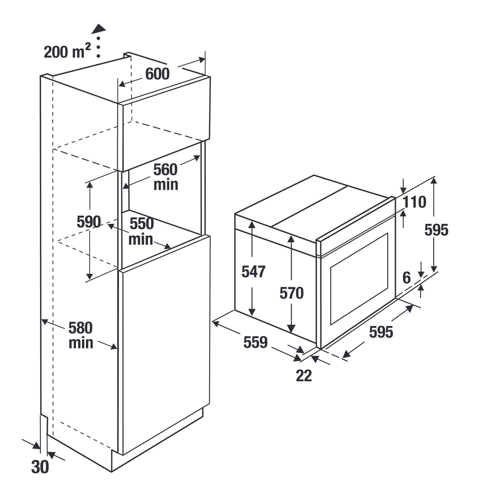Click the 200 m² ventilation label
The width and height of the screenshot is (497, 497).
click(x=67, y=52)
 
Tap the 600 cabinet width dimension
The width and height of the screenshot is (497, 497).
click(x=157, y=74)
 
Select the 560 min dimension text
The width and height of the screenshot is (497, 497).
click(x=166, y=177)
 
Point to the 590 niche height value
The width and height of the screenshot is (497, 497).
click(x=89, y=222)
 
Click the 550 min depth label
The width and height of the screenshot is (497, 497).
click(x=141, y=231)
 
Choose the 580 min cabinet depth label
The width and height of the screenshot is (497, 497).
click(x=80, y=335)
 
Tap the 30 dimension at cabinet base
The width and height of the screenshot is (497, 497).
click(x=40, y=467)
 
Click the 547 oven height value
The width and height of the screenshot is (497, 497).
click(x=253, y=271)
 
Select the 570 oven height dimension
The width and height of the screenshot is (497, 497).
click(x=291, y=293)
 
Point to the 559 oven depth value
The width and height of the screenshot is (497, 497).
click(x=255, y=342)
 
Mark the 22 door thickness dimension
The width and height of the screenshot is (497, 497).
click(x=304, y=376)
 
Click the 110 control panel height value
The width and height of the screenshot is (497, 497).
click(x=414, y=202)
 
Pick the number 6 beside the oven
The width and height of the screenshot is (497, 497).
click(x=407, y=278)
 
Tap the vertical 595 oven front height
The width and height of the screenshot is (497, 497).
click(x=436, y=230)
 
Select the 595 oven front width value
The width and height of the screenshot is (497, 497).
click(x=381, y=332)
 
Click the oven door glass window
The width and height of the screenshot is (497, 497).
click(x=359, y=279)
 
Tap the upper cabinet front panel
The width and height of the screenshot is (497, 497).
click(x=165, y=130)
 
